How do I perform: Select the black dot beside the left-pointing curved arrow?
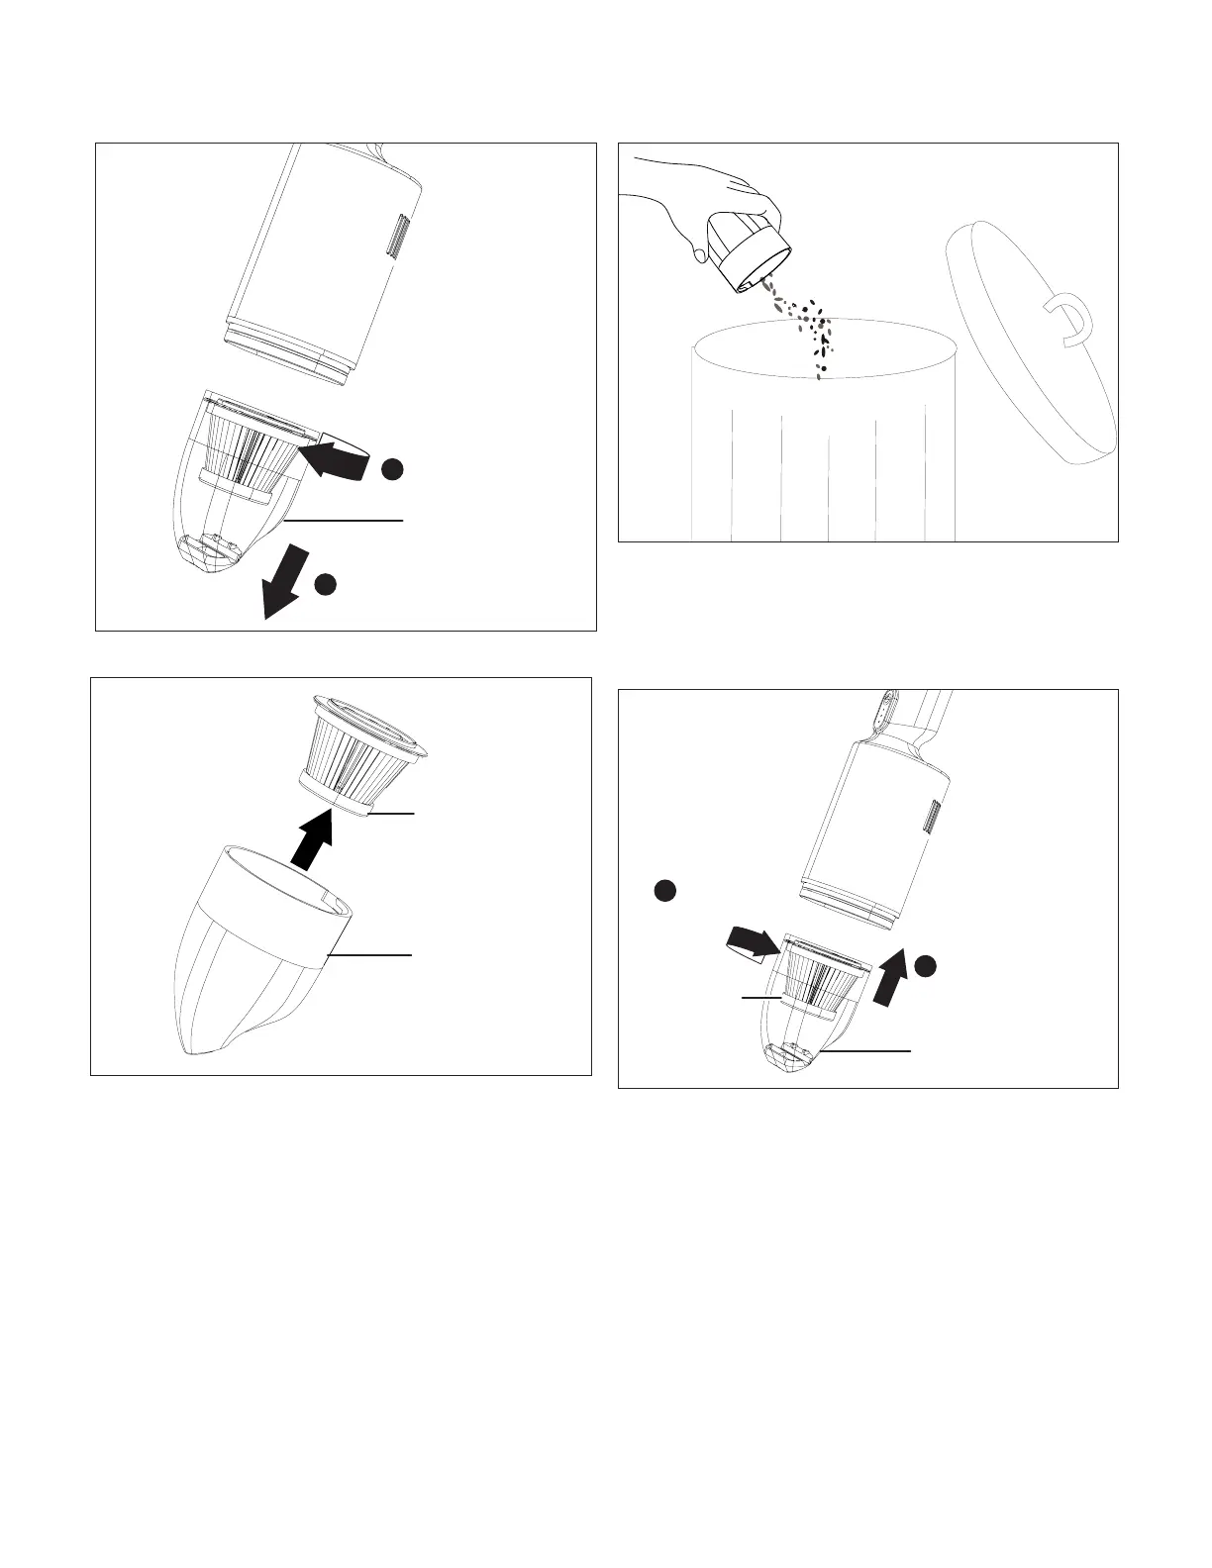coord(392,469)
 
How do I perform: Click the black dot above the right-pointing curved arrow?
coord(664,890)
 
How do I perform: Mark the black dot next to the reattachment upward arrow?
coord(926,966)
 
